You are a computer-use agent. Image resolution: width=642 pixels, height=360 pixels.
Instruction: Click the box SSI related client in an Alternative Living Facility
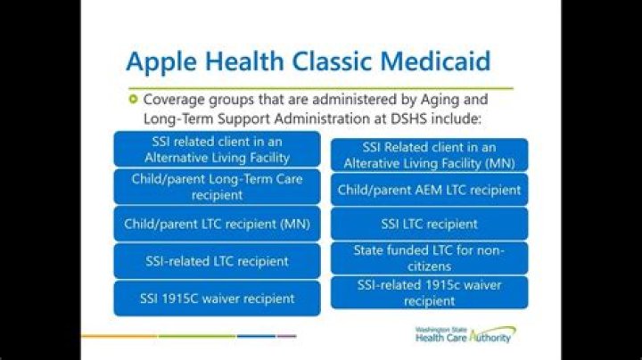217,148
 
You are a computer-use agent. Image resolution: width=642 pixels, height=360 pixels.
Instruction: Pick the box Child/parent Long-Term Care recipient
217,186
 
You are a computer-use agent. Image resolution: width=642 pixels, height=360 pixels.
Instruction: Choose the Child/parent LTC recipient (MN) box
217,224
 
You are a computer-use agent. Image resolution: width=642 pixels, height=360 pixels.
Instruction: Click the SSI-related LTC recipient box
217,261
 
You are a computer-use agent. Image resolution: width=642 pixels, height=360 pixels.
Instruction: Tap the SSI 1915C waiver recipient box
217,298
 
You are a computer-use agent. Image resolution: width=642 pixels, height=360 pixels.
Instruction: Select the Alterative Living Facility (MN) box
429,155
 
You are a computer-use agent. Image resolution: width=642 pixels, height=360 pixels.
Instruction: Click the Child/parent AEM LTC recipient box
429,190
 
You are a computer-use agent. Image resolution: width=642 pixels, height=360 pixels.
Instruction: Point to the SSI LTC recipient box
429,224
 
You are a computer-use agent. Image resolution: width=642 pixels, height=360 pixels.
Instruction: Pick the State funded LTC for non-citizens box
429,258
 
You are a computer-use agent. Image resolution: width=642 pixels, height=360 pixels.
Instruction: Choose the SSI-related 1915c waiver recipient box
429,292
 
